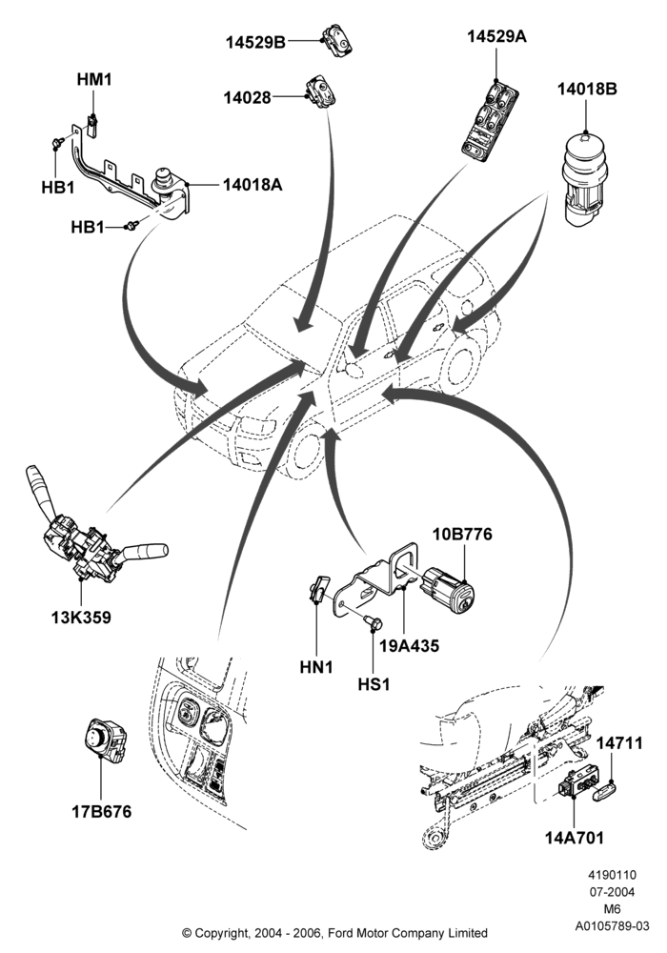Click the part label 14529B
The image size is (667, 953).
(x=255, y=42)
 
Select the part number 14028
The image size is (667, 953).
(x=247, y=97)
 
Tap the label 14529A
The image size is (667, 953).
(x=496, y=36)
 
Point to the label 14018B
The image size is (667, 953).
(x=587, y=89)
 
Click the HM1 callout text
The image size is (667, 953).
(x=94, y=80)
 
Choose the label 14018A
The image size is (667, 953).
(x=253, y=184)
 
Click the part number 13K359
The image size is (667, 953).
(x=81, y=618)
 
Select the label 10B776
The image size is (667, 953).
(x=462, y=535)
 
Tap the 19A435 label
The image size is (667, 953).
(x=409, y=645)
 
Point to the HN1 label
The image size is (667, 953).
(x=316, y=667)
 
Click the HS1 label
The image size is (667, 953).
(x=373, y=684)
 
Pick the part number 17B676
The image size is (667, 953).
(x=101, y=811)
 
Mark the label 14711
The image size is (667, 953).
(x=619, y=742)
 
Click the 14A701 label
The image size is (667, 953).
(x=574, y=838)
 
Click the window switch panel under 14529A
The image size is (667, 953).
(x=490, y=119)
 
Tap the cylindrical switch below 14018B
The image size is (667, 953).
(x=584, y=181)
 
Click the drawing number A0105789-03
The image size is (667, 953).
(x=612, y=926)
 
